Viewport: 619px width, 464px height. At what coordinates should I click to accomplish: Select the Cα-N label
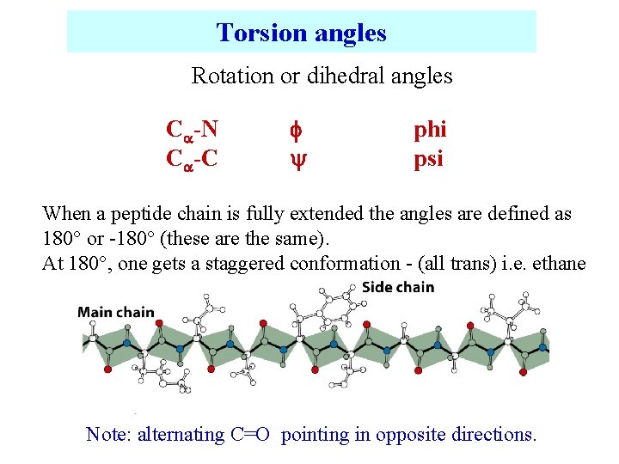pos(192,130)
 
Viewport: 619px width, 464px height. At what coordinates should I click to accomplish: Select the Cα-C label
pos(192,158)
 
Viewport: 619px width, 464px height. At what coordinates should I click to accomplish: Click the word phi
pos(430,130)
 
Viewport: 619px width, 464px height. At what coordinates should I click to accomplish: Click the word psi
pos(428,159)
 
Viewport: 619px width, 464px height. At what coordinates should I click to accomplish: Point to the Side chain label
pos(398,286)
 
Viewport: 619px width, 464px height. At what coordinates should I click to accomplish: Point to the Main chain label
pos(116,312)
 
